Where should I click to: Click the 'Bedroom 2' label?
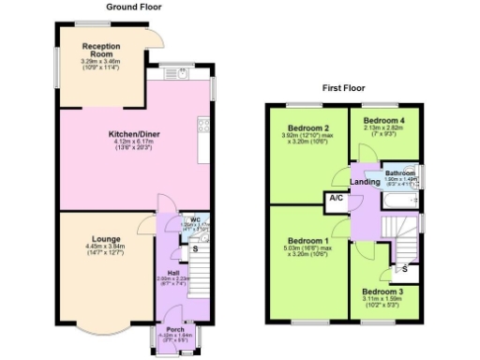tap(307, 128)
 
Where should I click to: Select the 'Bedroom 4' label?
tap(385, 121)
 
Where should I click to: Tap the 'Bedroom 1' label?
tap(307, 240)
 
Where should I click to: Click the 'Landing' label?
tap(365, 181)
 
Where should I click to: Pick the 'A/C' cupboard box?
tap(335, 200)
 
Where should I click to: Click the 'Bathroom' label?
tap(400, 173)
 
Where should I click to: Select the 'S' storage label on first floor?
tap(404, 270)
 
